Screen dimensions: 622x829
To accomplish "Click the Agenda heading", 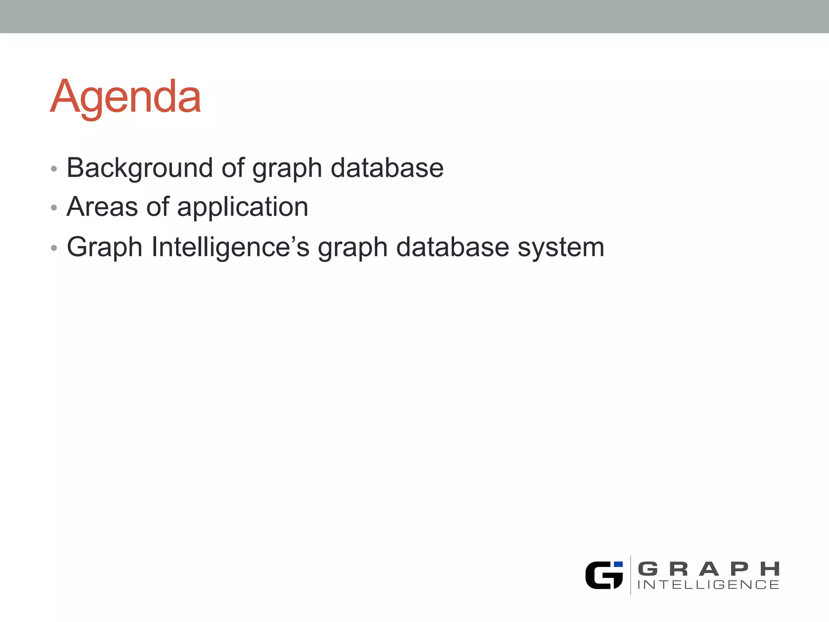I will [x=125, y=97].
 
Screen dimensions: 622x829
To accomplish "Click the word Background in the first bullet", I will [x=140, y=168].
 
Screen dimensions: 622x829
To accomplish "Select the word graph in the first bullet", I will [x=287, y=169].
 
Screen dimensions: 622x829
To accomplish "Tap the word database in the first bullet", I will [x=387, y=168].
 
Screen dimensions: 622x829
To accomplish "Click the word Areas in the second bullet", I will [x=102, y=207].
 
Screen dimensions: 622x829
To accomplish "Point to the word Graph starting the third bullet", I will [x=104, y=247].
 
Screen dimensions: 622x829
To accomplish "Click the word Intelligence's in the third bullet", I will [x=230, y=247].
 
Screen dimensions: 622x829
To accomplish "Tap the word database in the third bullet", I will [x=452, y=247].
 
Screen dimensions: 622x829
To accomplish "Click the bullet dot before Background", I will [x=54, y=169].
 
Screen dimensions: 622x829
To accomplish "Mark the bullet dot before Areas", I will [x=54, y=208].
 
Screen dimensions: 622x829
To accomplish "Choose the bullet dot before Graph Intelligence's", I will [x=54, y=248].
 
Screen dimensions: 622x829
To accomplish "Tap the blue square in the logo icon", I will [x=618, y=564].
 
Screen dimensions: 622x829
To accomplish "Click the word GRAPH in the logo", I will [x=708, y=569].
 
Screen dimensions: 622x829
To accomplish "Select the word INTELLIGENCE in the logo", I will [x=708, y=585].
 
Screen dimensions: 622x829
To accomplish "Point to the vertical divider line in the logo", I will [x=631, y=575].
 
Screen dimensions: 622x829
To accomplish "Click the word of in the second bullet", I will [x=157, y=207].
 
